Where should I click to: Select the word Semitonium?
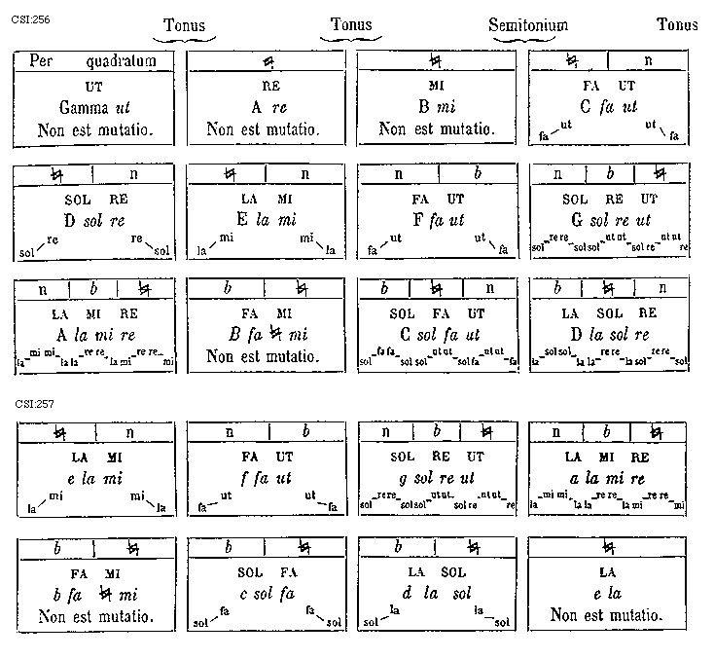[x=528, y=25]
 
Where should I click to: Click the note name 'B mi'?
[x=435, y=107]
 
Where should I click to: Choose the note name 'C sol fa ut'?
[x=435, y=334]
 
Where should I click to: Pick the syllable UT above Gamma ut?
[x=93, y=86]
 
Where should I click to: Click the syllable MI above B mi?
[x=435, y=86]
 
